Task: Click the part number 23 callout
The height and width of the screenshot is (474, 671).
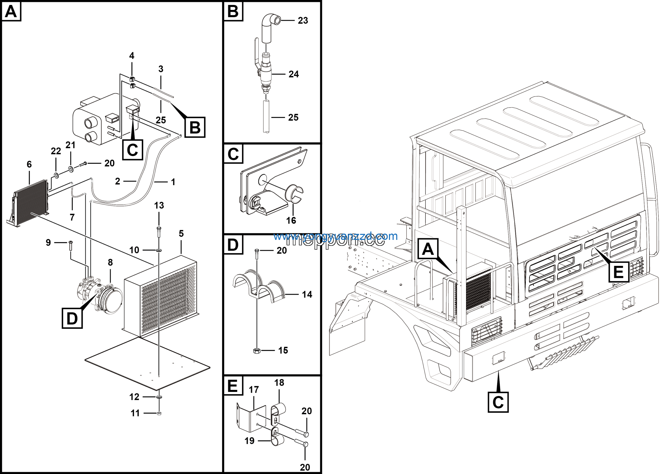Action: click(303, 20)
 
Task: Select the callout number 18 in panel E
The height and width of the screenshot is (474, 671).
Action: click(279, 383)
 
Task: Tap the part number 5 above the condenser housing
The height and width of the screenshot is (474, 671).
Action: click(181, 234)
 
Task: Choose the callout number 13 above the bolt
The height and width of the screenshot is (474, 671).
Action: click(159, 206)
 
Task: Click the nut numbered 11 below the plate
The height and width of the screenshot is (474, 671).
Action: click(159, 413)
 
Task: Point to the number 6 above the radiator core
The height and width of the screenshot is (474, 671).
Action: click(29, 164)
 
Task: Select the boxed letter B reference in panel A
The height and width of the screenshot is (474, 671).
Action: click(195, 127)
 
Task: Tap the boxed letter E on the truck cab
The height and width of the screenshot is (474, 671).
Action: click(619, 272)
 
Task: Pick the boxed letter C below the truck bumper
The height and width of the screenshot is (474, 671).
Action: click(498, 402)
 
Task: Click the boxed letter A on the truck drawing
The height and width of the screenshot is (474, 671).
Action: click(428, 249)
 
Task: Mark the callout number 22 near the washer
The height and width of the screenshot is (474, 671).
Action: click(56, 151)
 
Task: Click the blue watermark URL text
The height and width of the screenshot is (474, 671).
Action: click(335, 236)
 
